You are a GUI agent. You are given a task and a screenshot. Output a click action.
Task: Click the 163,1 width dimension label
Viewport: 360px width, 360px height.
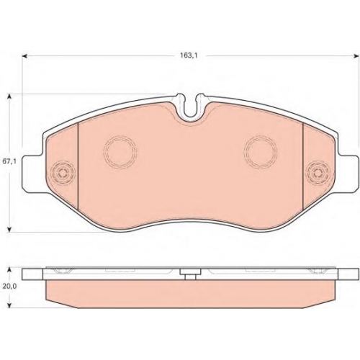tap(189, 55)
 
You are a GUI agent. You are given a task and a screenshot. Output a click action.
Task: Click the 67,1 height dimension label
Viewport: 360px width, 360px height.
tap(9, 161)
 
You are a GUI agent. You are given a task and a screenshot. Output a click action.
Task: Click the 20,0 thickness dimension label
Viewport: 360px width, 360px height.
tap(9, 287)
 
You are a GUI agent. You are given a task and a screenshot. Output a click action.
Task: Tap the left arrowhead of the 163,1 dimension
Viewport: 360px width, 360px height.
tap(24, 56)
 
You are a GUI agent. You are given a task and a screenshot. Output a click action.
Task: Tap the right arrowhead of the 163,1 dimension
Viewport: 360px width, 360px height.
tap(353, 56)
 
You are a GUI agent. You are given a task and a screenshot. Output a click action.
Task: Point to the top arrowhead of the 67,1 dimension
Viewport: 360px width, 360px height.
tap(9, 96)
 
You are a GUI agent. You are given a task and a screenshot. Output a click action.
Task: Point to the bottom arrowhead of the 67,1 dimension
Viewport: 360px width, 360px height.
tap(9, 230)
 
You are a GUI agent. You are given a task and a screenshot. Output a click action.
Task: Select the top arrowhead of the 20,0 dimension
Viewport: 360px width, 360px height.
tap(9, 271)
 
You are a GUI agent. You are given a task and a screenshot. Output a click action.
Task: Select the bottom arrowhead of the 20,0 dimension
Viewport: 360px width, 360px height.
tap(9, 305)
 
